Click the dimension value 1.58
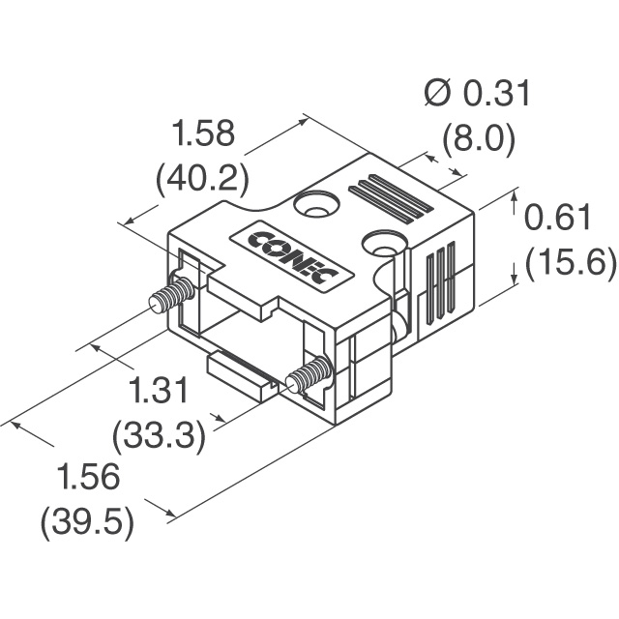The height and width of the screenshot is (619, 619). click(x=202, y=134)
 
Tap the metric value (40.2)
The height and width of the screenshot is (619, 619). click(x=202, y=178)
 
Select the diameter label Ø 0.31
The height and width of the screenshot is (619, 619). click(x=478, y=94)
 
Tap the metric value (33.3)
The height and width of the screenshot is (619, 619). click(x=160, y=436)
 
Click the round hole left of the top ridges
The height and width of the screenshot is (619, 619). click(x=317, y=205)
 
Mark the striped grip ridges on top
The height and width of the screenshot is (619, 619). click(x=391, y=198)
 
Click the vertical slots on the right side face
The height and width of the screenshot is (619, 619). click(x=440, y=281)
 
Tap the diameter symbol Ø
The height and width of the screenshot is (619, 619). click(x=436, y=94)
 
